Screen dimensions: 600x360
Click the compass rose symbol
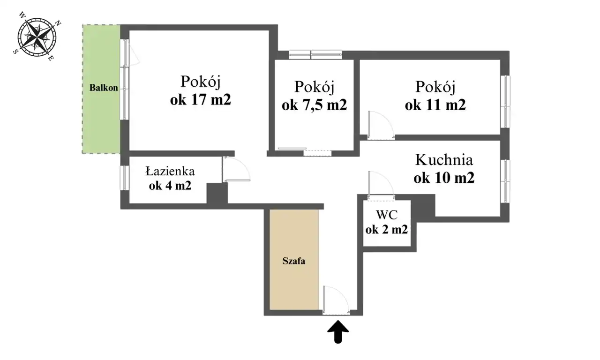pos(37,37)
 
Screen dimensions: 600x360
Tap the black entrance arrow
pos(338,331)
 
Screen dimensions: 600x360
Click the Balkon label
pos(104,88)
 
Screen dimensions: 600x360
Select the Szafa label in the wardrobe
pos(294,261)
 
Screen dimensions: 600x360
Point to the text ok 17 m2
pos(200,100)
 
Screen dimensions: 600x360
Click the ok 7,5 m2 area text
pos(314,105)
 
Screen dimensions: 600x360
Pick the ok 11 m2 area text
pos(435,105)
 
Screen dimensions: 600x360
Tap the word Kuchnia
pos(444,160)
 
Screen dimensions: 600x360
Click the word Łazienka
pos(170,171)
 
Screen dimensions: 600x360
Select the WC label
pos(387,215)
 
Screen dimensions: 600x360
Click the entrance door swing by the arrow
pos(336,300)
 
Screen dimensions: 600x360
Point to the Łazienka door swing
pos(237,169)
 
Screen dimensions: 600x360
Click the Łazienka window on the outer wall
pos(125,178)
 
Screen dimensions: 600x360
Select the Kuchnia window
pos(505,181)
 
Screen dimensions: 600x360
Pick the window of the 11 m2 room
pos(505,102)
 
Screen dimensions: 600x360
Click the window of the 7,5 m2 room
pos(315,55)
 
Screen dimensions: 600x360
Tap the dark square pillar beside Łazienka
pos(217,193)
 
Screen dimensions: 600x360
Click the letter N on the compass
pos(58,23)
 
